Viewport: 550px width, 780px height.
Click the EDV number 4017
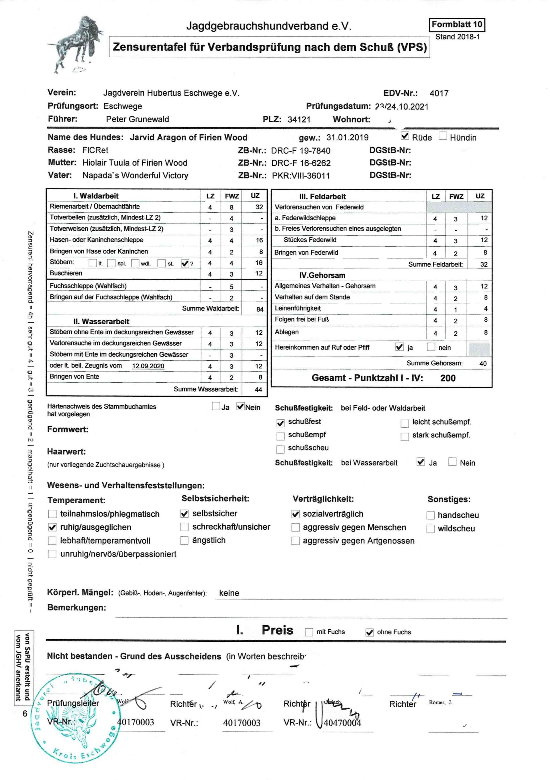[x=439, y=93]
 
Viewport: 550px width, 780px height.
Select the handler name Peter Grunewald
[x=137, y=119]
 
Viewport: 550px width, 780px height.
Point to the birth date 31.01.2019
[x=347, y=137]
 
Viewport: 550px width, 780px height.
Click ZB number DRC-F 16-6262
[x=301, y=163]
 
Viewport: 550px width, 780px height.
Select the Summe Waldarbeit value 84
[x=260, y=309]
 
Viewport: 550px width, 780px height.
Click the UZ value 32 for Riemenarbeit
[x=259, y=207]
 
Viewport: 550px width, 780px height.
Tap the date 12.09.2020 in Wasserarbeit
[x=148, y=366]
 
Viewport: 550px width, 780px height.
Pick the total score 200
[x=447, y=378]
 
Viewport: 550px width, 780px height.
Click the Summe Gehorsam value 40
[x=483, y=364]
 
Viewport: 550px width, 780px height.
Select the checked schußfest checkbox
[x=280, y=423]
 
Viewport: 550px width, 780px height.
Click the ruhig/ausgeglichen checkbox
[x=52, y=528]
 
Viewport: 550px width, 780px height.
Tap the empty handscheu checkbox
[x=431, y=516]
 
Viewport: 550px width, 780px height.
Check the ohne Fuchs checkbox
[x=369, y=632]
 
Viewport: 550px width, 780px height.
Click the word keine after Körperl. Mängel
[x=229, y=593]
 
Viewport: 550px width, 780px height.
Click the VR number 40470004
[x=342, y=723]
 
